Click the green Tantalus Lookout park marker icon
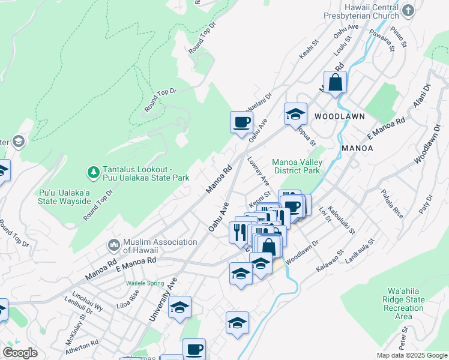93,173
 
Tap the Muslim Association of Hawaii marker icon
113,245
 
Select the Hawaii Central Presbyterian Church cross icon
408,10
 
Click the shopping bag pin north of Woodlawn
335,82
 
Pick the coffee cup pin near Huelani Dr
241,122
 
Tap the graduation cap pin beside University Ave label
179,307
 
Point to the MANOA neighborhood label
358,148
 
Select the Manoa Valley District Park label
297,166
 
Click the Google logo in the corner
20,353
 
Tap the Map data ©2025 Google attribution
411,355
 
